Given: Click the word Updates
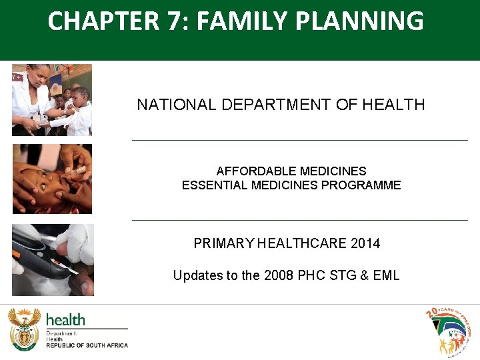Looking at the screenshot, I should (197, 275).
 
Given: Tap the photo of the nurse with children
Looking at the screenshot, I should (52, 100).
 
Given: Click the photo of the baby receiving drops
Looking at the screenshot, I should (52, 179).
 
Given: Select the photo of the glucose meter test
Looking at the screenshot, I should (53, 260).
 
